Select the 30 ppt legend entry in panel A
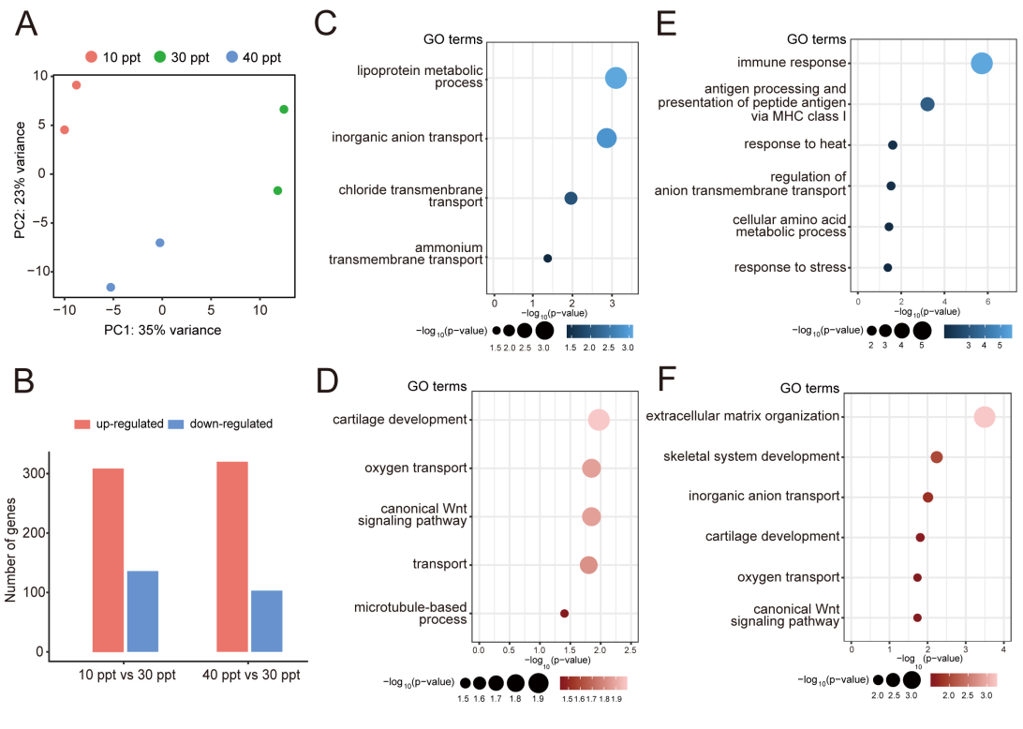point(183,57)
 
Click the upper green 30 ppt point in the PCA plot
point(284,110)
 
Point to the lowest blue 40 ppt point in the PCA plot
point(111,287)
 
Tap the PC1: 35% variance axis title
point(162,330)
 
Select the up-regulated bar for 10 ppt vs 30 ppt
point(108,559)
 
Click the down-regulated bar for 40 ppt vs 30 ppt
point(266,620)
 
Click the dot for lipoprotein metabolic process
point(615,79)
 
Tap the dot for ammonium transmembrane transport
point(547,258)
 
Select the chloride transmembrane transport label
point(411,196)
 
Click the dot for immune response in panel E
point(982,64)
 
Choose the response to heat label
point(795,144)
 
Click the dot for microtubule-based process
point(564,613)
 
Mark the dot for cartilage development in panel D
point(599,420)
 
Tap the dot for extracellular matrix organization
point(984,417)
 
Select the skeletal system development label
point(751,456)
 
